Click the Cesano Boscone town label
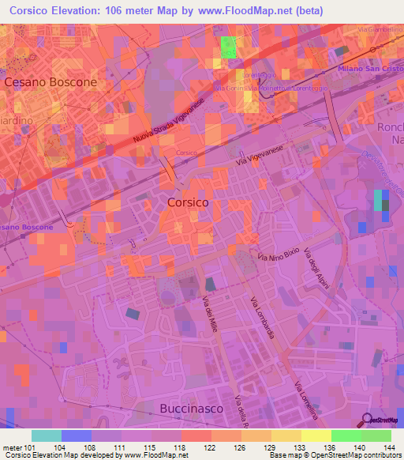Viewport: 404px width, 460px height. (x=50, y=81)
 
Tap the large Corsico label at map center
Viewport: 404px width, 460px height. (x=189, y=202)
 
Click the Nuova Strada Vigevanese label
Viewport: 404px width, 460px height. (x=163, y=123)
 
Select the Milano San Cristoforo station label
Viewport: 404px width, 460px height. (x=370, y=70)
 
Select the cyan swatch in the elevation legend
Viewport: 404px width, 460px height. (x=47, y=435)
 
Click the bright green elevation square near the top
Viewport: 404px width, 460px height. (x=228, y=46)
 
